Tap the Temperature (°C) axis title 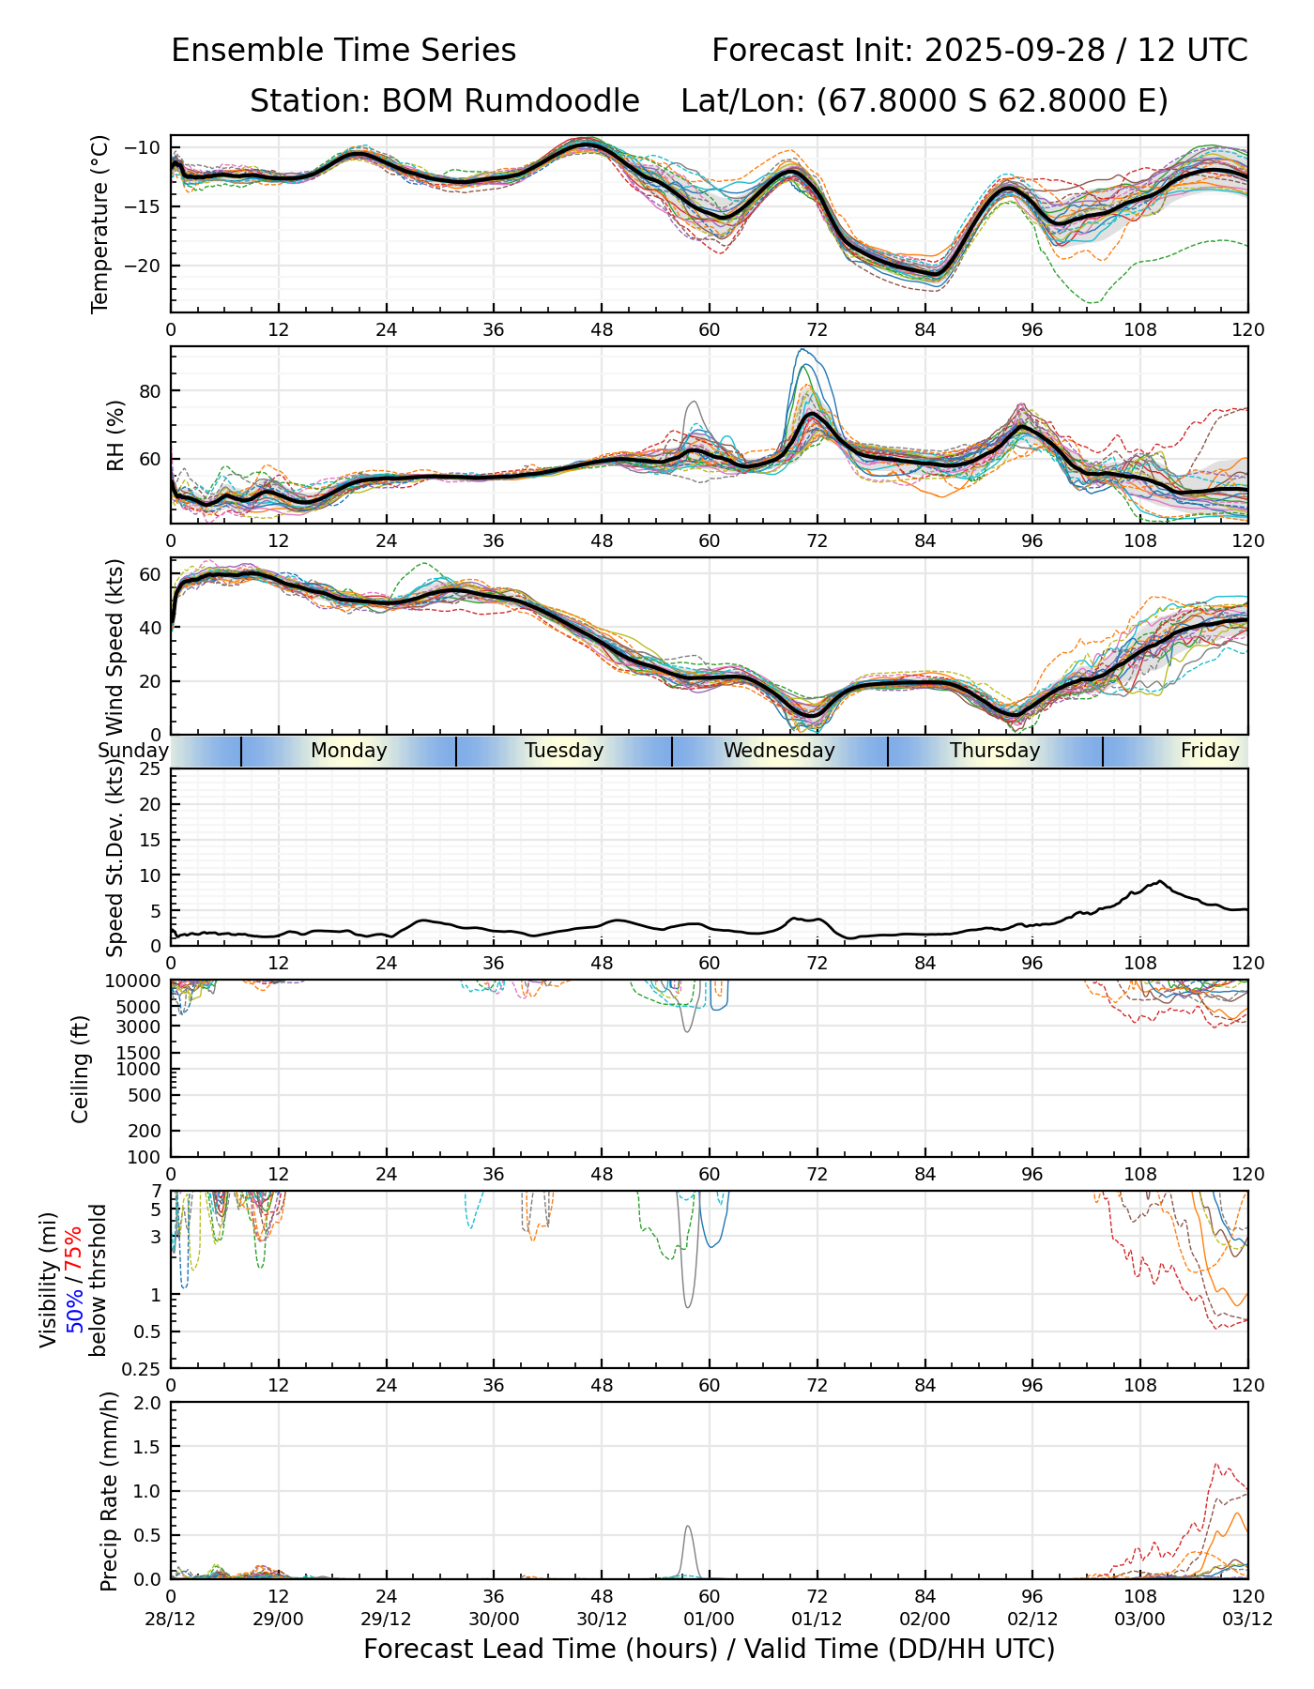(x=100, y=223)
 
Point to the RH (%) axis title (x=115, y=435)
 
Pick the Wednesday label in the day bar (x=779, y=751)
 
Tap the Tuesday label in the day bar (x=564, y=751)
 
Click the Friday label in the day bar (x=1210, y=751)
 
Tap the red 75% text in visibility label (x=73, y=1250)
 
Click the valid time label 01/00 (x=710, y=1619)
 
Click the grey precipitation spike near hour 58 (x=688, y=1551)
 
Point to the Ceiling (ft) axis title (x=81, y=1069)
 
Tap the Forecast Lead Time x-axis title (x=710, y=1649)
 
